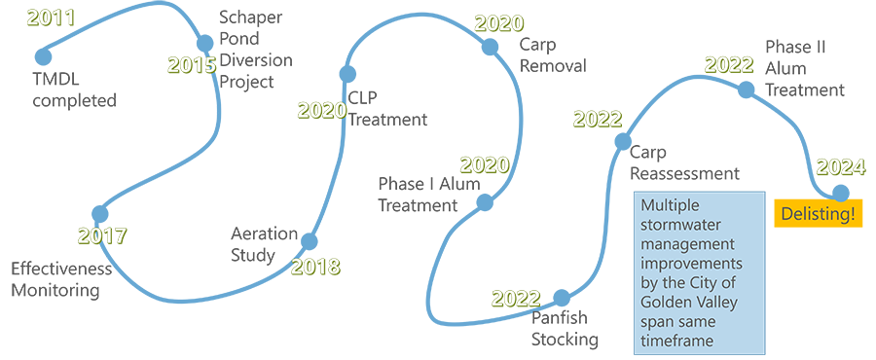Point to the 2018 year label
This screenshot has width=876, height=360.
click(314, 266)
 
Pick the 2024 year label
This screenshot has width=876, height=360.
click(840, 167)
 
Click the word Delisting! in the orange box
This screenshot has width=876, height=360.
click(816, 210)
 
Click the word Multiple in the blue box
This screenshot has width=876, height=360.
click(671, 207)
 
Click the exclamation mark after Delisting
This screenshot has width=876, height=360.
click(852, 210)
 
